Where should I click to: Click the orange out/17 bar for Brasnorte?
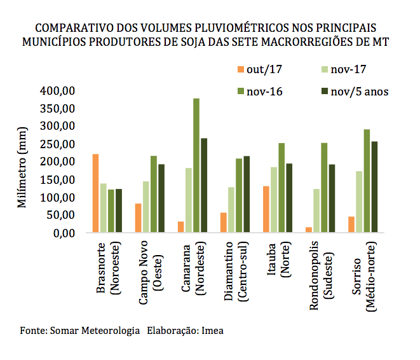[96, 193]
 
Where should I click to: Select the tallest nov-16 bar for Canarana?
[196, 166]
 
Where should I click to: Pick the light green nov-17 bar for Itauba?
[274, 200]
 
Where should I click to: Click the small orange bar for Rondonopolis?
[309, 230]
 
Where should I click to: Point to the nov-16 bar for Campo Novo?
[154, 194]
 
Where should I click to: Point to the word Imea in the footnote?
[213, 331]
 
